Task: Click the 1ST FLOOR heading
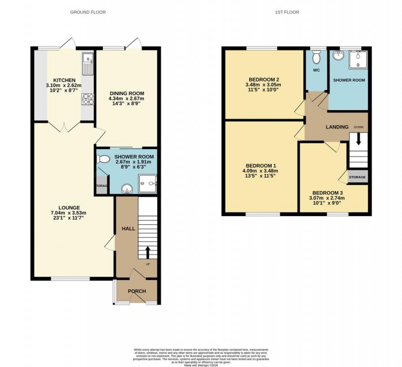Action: (288, 12)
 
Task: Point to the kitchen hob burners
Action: (88, 100)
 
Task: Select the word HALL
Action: (128, 229)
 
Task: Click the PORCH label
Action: (137, 291)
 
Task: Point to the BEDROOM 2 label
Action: (264, 79)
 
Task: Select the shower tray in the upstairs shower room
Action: (359, 59)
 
